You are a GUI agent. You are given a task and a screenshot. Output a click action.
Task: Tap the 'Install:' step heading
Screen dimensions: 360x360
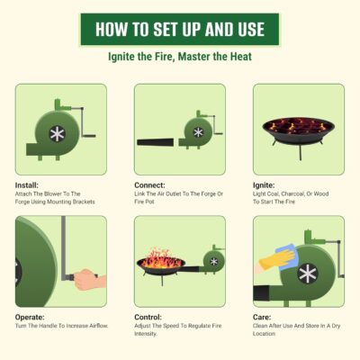tap(27, 185)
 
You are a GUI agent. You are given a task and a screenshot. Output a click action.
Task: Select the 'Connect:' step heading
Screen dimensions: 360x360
tap(149, 185)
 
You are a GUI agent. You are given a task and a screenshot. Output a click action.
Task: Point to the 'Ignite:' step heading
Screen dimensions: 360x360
tap(264, 185)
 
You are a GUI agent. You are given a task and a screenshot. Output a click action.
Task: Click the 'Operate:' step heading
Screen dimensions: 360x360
tap(30, 317)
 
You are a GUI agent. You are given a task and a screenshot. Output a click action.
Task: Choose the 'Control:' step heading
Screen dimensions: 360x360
tap(148, 317)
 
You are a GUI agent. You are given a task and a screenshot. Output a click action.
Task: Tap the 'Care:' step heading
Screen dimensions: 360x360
tap(262, 317)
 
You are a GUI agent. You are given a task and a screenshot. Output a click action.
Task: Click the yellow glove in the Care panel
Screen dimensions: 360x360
tap(277, 260)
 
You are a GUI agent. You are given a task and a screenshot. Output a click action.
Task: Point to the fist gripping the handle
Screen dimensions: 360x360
tap(88, 279)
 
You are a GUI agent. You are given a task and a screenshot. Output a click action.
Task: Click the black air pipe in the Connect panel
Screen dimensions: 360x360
tap(156, 142)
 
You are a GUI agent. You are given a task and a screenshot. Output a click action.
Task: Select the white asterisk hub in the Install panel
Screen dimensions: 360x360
tap(57, 134)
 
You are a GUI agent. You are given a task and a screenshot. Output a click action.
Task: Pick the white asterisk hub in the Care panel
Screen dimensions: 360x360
tap(308, 274)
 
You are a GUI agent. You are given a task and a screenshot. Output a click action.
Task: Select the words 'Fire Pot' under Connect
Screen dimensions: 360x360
tap(144, 202)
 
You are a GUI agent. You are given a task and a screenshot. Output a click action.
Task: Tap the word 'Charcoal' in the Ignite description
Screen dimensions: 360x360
tap(292, 194)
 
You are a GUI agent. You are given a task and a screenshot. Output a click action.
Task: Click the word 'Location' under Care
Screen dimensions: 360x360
tap(264, 334)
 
